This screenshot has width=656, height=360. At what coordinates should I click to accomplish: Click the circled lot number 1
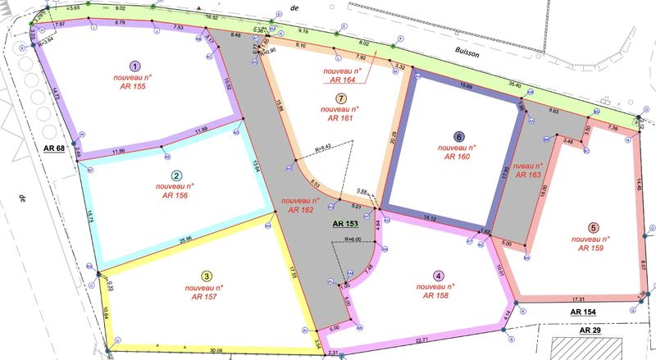pos(135,66)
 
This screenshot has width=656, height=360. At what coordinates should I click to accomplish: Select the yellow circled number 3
pos(207,276)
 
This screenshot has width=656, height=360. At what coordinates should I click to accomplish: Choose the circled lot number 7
pos(339,98)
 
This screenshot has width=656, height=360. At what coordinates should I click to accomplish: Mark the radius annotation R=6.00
pos(359,239)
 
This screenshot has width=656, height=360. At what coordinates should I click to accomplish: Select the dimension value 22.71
pos(423,340)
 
